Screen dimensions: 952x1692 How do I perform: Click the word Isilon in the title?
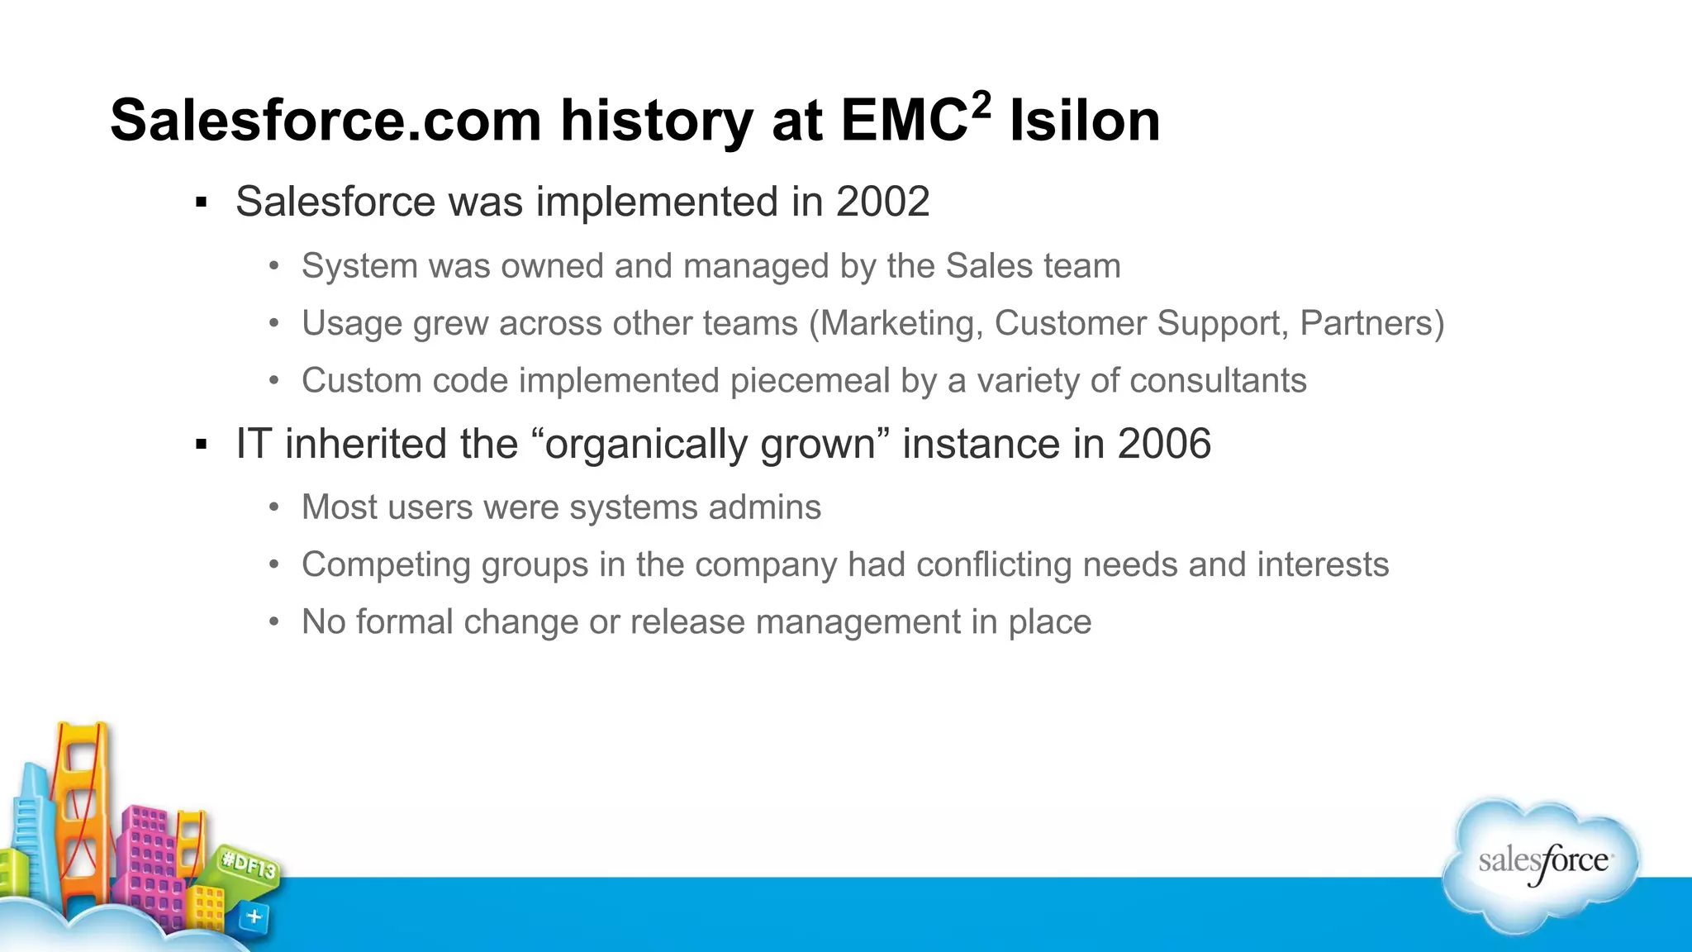(x=1084, y=121)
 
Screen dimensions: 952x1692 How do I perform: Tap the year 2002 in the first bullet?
(x=882, y=202)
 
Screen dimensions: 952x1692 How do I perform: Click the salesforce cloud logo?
(x=1542, y=864)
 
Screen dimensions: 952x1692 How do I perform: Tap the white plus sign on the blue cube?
(x=254, y=916)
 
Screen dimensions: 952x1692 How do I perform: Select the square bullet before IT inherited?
(x=201, y=445)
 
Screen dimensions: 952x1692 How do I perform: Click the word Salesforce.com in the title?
(x=326, y=121)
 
